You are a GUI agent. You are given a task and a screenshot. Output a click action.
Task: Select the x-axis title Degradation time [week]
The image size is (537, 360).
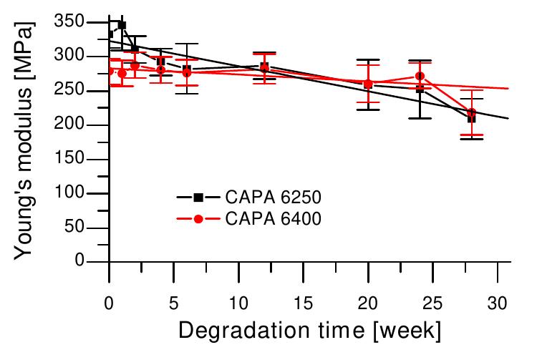point(309,331)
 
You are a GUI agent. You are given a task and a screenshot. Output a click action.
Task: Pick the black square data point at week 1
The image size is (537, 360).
point(122,25)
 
